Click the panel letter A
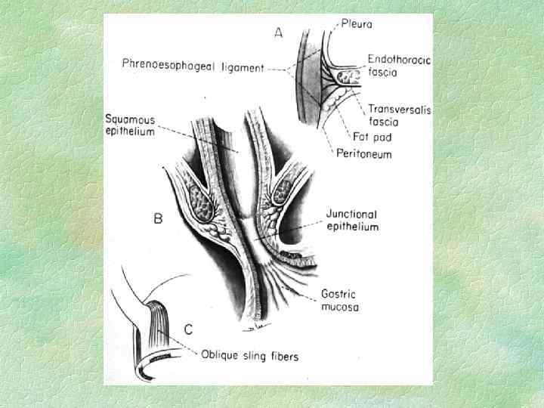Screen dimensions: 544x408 point(279,34)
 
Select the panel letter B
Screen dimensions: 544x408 point(158,220)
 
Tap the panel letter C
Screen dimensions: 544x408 point(188,329)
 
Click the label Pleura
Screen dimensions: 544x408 point(357,24)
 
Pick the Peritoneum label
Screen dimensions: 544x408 point(366,154)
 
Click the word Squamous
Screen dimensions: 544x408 point(130,119)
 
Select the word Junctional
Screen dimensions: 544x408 point(351,215)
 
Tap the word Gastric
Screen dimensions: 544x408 point(338,295)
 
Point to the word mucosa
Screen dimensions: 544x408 point(339,308)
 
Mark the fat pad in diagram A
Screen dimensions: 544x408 point(349,76)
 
